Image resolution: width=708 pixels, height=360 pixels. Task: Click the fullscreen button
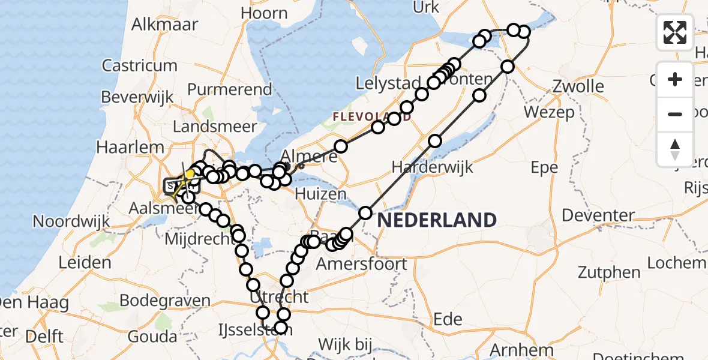coord(675,32)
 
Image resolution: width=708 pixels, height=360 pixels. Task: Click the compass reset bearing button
coord(675,149)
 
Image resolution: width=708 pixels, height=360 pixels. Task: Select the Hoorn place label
coord(263,13)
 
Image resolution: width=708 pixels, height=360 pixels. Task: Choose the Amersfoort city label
coord(362,263)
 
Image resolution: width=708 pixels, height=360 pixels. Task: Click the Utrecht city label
coord(281,296)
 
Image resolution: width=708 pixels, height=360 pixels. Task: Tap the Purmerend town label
coord(230,89)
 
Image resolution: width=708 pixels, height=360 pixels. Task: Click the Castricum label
coord(139,65)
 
